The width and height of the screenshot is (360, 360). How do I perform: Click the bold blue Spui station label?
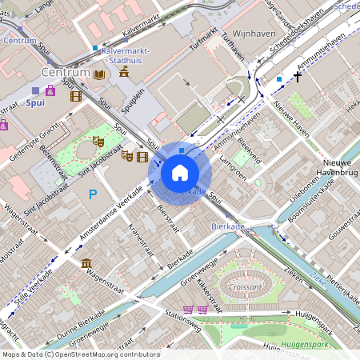pyautogui.click(x=35, y=102)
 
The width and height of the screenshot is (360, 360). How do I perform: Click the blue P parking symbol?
pyautogui.click(x=94, y=194)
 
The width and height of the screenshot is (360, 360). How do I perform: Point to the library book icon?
pyautogui.click(x=100, y=74)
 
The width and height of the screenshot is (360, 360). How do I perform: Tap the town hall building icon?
pyautogui.click(x=124, y=73)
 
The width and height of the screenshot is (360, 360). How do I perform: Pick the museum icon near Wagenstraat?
pyautogui.click(x=86, y=265)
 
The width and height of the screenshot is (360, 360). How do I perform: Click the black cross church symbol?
pyautogui.click(x=298, y=78)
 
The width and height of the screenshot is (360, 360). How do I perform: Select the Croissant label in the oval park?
pyautogui.click(x=245, y=286)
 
